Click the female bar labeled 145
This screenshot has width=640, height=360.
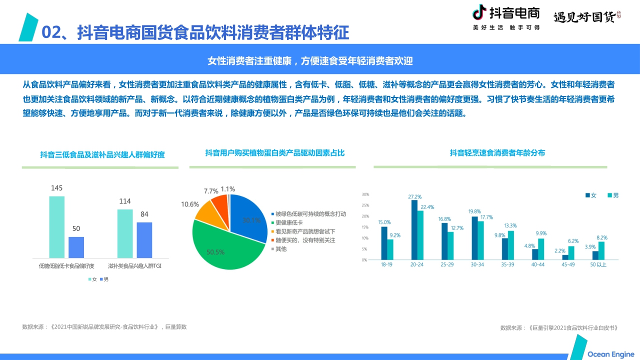point(56,226)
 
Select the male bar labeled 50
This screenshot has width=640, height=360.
point(76,247)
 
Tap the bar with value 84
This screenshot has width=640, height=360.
point(144,239)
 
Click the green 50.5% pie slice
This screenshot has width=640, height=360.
point(225,247)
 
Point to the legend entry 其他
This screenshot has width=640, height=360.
point(281,249)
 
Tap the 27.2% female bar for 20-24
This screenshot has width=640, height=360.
point(414,230)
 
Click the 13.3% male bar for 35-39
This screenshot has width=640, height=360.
point(510,245)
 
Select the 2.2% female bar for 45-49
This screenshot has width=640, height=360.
point(565,257)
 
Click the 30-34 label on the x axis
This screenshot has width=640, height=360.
point(477,264)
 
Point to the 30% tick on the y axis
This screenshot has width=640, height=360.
point(365,194)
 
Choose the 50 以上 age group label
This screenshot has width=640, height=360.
point(598,264)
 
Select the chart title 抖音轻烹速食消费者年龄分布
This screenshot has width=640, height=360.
point(497,153)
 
